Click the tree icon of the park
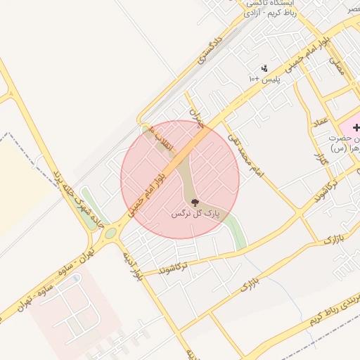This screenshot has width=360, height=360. click(x=195, y=202)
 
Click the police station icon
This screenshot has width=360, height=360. click(x=264, y=68)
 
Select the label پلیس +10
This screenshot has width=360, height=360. click(x=264, y=79)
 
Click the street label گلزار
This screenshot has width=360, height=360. click(x=322, y=160)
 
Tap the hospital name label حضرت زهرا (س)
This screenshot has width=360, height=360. click(x=345, y=145)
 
